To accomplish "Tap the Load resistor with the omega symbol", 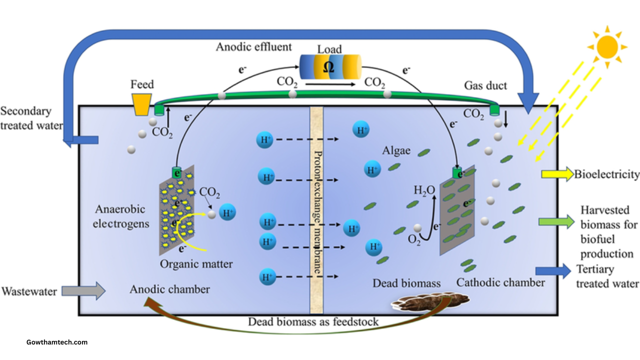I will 329,67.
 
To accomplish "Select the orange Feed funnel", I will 142,103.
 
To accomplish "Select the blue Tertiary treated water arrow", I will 553,271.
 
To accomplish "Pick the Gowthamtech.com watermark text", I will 57,342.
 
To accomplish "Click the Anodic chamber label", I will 169,289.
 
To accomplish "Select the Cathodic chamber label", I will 500,282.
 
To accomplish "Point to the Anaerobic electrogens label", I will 120,216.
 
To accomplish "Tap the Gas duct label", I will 485,85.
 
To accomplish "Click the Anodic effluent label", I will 253,47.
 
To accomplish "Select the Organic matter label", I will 196,263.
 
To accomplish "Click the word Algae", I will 396,150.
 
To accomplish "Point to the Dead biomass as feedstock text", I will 313,321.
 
